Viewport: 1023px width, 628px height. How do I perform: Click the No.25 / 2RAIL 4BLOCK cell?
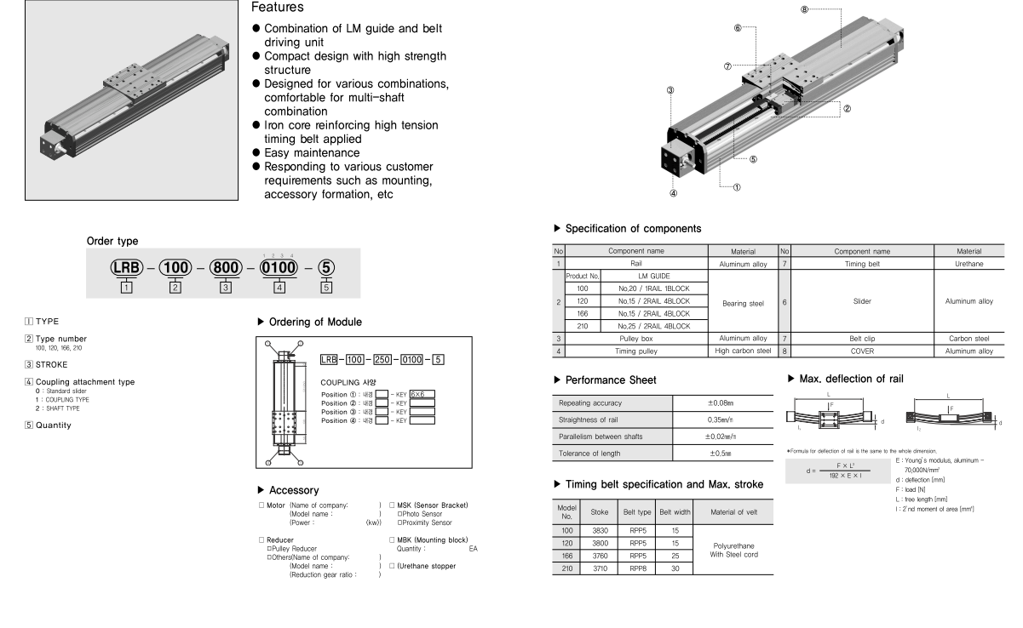coord(654,325)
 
